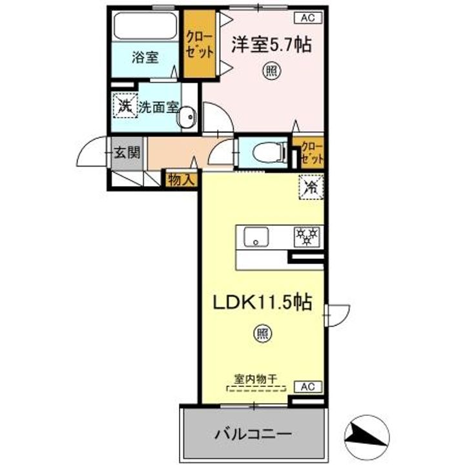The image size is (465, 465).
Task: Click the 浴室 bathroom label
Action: point(145,57)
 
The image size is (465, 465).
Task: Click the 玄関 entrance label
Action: point(127,153)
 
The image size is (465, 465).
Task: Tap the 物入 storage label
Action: point(181,180)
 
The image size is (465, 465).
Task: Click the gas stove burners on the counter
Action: point(305,237)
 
